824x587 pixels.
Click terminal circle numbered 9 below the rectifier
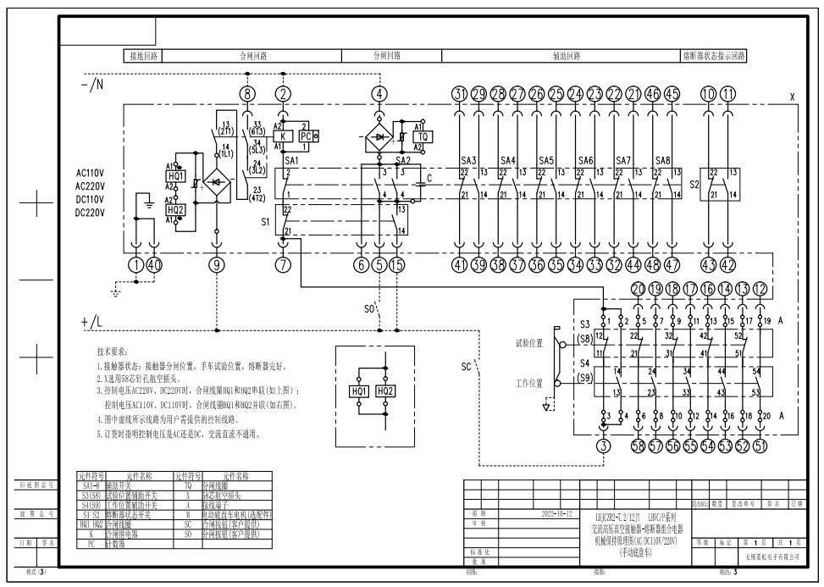pyautogui.click(x=218, y=265)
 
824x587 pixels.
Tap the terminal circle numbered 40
pyautogui.click(x=154, y=265)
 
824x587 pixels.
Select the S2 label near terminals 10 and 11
pyautogui.click(x=694, y=182)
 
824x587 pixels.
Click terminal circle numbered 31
pyautogui.click(x=459, y=93)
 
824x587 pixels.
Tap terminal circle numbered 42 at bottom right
pyautogui.click(x=728, y=265)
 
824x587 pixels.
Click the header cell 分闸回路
pyautogui.click(x=388, y=57)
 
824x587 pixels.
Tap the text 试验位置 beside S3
pyautogui.click(x=529, y=343)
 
